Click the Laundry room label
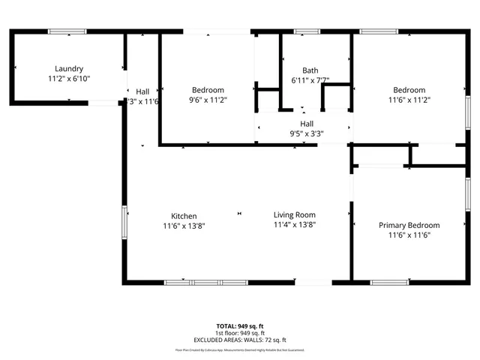(69, 68)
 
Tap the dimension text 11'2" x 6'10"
(69, 77)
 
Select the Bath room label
(310, 70)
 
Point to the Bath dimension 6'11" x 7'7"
(310, 79)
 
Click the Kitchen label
(184, 216)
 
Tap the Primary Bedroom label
(409, 225)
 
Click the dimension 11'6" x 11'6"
(409, 235)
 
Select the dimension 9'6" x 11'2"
(208, 99)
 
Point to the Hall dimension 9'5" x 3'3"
(307, 133)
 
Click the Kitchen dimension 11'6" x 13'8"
(184, 225)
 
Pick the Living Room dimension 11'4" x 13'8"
(294, 224)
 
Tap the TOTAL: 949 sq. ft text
(241, 326)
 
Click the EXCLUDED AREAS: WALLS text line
(241, 340)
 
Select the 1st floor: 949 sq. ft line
(241, 333)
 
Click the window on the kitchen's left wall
(125, 222)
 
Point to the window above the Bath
(305, 31)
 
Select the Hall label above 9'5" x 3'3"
(307, 124)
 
